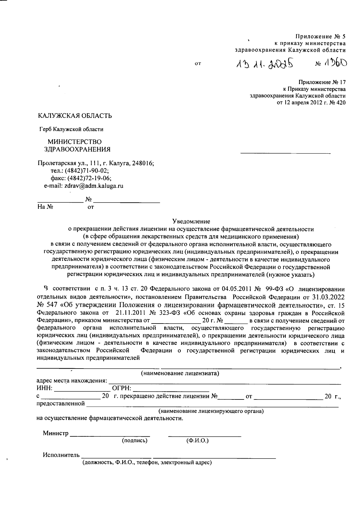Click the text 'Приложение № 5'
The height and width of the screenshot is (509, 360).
tap(320, 37)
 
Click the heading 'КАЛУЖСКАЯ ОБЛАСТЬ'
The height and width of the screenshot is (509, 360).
tap(75, 116)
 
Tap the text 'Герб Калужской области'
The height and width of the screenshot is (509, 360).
tap(71, 129)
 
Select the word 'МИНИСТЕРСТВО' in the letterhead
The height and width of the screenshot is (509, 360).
tap(75, 142)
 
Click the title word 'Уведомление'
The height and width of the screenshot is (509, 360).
tap(191, 221)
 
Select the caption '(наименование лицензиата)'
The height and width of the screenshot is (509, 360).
tap(180, 374)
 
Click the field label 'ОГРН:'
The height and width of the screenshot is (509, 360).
tap(121, 389)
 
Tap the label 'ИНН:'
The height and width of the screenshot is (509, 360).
tap(44, 389)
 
